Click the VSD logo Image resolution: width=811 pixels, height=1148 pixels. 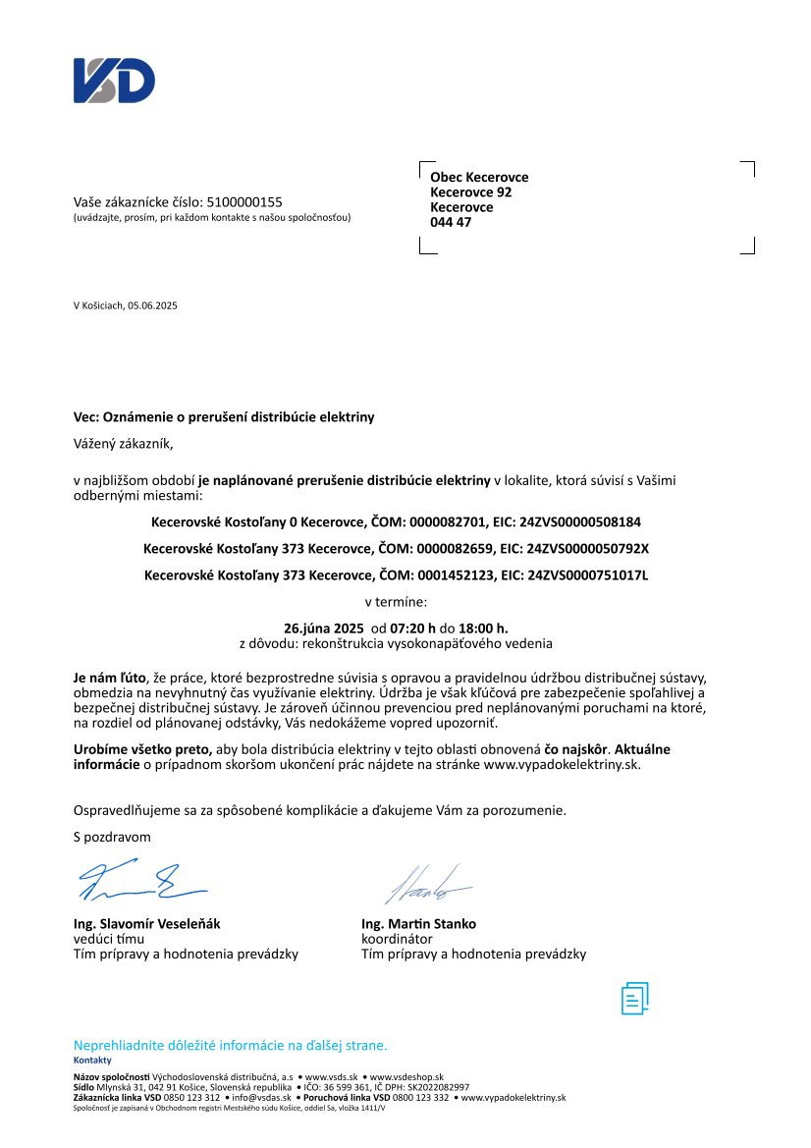(x=114, y=81)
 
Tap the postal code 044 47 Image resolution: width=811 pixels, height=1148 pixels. (x=451, y=222)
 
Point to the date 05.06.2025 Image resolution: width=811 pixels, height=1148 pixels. (x=153, y=305)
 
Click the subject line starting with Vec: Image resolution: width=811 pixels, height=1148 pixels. (x=224, y=417)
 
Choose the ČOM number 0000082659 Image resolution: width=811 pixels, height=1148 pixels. (x=439, y=547)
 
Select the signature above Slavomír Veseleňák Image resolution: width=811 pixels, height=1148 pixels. (x=140, y=880)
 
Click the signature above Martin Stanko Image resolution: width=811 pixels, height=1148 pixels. (x=428, y=884)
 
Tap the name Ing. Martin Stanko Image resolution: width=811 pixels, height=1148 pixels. (x=418, y=924)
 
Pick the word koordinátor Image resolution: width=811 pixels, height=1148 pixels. (x=398, y=939)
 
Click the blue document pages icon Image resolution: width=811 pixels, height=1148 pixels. (x=635, y=998)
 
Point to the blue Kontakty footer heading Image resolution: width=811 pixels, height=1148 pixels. (x=92, y=1061)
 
